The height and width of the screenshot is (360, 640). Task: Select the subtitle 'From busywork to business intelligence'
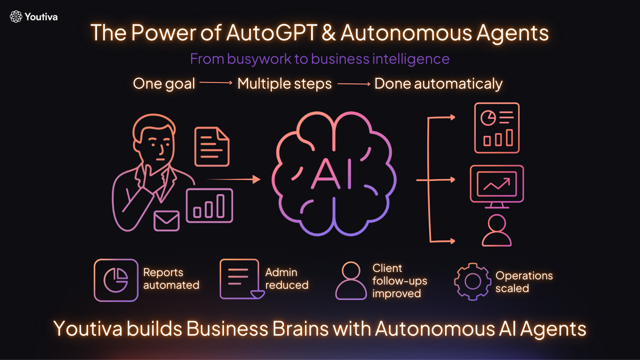(320, 59)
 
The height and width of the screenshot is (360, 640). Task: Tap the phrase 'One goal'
(164, 84)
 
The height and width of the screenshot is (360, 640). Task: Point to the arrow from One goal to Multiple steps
(216, 83)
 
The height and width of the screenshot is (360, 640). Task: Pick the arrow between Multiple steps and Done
(353, 84)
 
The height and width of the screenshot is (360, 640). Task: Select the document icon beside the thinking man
(212, 146)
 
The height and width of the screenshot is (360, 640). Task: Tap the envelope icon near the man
(166, 220)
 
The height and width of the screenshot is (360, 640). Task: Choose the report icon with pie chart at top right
(497, 128)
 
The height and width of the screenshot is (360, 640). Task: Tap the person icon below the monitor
(497, 231)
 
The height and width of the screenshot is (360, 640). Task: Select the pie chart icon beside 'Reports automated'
(116, 280)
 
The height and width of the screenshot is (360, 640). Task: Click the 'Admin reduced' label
(287, 278)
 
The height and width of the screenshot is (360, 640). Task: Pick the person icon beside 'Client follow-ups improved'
(351, 281)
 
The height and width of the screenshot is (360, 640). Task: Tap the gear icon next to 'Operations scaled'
(472, 281)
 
